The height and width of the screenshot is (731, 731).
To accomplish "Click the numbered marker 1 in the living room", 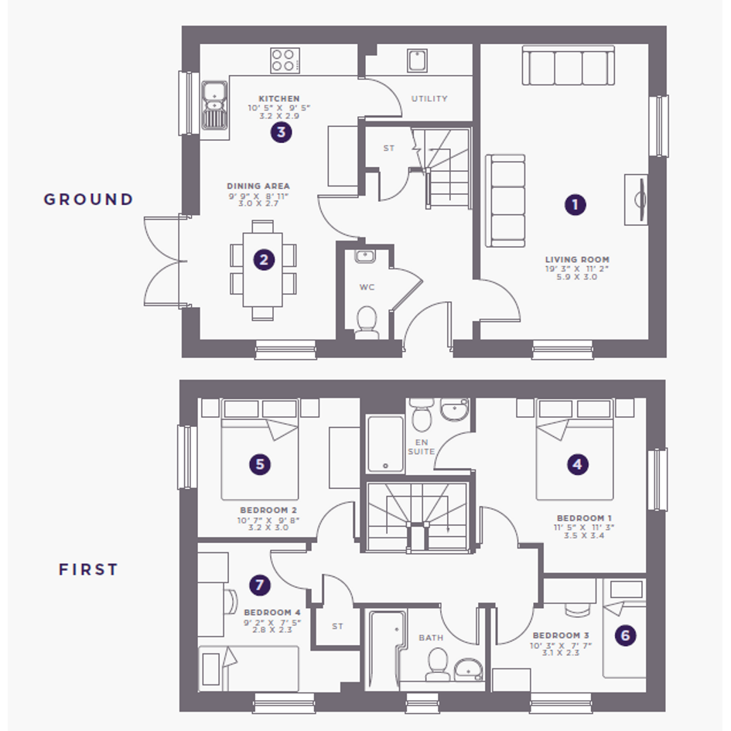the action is point(575,205).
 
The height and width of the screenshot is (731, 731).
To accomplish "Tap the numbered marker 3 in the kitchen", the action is point(281,132).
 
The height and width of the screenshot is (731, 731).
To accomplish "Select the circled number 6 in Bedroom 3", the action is point(625,635).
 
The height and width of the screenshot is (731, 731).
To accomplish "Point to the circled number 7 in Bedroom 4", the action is point(260,585).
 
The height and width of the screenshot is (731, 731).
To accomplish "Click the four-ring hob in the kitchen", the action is point(285,60).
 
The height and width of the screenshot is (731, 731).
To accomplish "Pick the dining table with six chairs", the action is point(263,271).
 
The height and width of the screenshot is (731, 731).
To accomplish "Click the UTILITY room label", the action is point(429,99).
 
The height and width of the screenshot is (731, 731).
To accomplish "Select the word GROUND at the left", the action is point(89,200).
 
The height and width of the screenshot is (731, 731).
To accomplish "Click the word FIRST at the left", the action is point(89,569).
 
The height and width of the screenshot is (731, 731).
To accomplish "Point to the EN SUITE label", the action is point(422,446).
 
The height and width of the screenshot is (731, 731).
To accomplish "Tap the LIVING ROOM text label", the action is point(577,260).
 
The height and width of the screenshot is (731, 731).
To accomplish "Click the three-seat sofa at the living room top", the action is point(569,65).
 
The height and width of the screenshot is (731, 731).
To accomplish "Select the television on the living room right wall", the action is point(637,200).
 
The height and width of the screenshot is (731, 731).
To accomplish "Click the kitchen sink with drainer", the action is point(214,106).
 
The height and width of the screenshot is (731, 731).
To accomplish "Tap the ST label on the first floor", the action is point(337,627).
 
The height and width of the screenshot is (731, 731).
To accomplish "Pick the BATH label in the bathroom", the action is point(431,637).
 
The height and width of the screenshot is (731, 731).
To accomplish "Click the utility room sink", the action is point(417,60).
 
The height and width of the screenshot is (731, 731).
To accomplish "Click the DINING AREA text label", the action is point(258,186).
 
